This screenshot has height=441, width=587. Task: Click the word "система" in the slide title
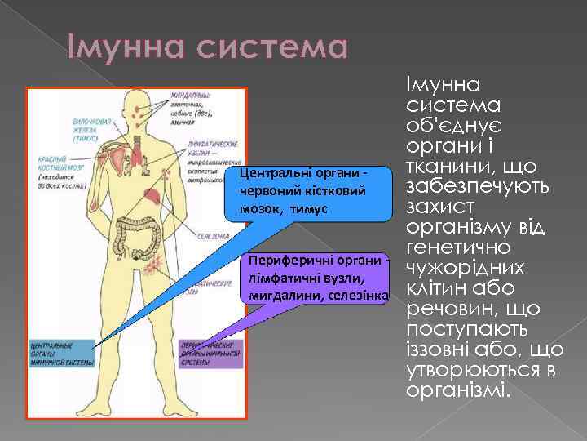(271, 48)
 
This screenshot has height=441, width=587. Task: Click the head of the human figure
(133, 105)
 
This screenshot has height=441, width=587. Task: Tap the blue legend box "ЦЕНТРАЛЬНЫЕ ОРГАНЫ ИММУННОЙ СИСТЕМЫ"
(59, 355)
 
